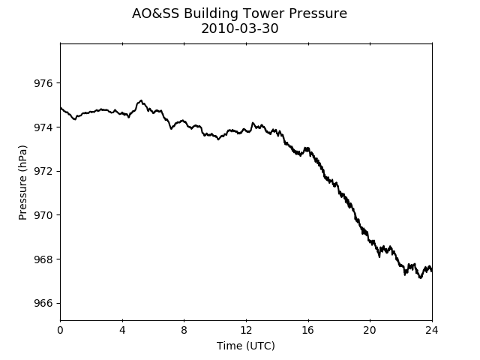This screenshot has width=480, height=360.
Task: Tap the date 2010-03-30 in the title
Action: (x=240, y=28)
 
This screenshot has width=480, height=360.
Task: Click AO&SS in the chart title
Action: (x=155, y=13)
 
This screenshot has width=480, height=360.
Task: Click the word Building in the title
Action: (x=211, y=13)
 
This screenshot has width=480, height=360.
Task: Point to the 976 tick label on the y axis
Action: (x=43, y=83)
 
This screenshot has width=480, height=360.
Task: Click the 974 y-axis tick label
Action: (x=43, y=127)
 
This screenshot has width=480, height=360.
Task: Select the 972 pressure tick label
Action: (x=43, y=172)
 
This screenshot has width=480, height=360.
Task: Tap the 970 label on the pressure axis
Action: (x=43, y=215)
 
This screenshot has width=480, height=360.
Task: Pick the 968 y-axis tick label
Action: (x=43, y=259)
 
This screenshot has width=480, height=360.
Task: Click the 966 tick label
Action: (x=43, y=303)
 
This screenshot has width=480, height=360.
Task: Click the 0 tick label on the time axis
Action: (x=60, y=330)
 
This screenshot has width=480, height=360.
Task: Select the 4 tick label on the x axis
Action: (x=122, y=330)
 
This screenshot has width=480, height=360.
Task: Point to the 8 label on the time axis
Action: (x=184, y=330)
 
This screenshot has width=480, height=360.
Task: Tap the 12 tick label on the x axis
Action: (x=246, y=330)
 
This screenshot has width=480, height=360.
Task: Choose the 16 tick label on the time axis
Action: (x=308, y=330)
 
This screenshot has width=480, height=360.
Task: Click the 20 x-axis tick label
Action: (x=370, y=330)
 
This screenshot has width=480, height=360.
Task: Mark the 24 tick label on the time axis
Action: (x=432, y=330)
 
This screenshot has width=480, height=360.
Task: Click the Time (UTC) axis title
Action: (x=246, y=346)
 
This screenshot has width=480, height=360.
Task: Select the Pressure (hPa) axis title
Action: (x=22, y=182)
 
